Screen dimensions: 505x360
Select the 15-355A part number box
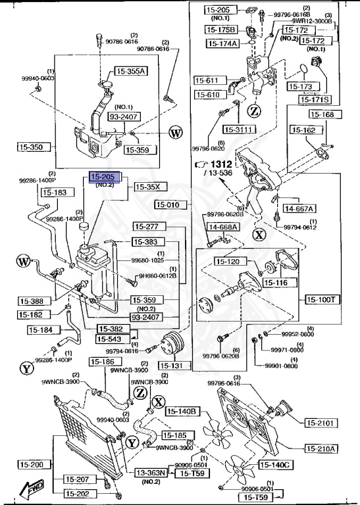click(x=132, y=72)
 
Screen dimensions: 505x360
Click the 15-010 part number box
click(x=168, y=204)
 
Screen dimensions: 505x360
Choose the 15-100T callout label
click(x=322, y=299)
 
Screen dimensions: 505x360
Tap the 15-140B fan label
click(x=183, y=412)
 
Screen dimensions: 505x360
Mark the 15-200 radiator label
click(x=31, y=465)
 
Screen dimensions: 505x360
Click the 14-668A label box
click(x=222, y=227)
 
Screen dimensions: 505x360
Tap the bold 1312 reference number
click(x=222, y=164)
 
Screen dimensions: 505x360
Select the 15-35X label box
click(x=149, y=187)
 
